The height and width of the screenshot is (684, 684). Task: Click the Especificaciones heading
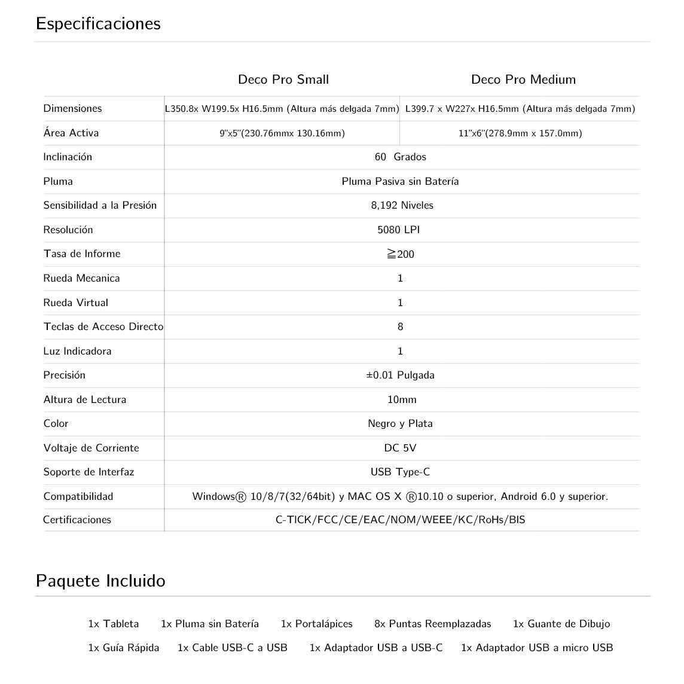(98, 24)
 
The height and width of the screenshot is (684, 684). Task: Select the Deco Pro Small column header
(283, 80)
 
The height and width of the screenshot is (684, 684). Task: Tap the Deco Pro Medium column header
(523, 80)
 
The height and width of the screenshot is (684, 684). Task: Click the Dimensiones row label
(72, 108)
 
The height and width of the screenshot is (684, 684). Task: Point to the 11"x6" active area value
(520, 133)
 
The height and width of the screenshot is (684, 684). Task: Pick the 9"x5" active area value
(282, 133)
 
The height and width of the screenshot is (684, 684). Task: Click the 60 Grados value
(400, 157)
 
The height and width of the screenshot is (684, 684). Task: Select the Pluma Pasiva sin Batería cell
(400, 181)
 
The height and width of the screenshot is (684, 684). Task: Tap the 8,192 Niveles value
(402, 205)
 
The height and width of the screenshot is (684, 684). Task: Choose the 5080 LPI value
(398, 230)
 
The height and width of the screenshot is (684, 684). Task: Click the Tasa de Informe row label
(82, 254)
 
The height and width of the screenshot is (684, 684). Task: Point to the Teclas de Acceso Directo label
(103, 326)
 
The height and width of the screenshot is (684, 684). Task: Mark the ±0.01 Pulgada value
(400, 375)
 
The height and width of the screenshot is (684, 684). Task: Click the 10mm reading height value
(402, 399)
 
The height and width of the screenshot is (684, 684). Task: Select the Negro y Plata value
(400, 423)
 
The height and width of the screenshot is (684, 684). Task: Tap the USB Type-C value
(400, 472)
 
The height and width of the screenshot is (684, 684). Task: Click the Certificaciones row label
(77, 520)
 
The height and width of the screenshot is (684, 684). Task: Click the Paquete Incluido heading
(100, 581)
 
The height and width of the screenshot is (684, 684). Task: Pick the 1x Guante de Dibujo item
(561, 624)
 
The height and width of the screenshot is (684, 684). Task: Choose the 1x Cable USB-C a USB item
(233, 648)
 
